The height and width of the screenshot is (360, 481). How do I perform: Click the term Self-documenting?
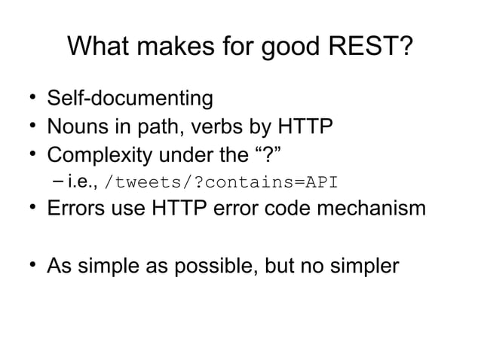point(130,99)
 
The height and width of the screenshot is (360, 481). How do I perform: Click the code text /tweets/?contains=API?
point(223,182)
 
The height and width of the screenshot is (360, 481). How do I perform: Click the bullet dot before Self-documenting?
point(33,99)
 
